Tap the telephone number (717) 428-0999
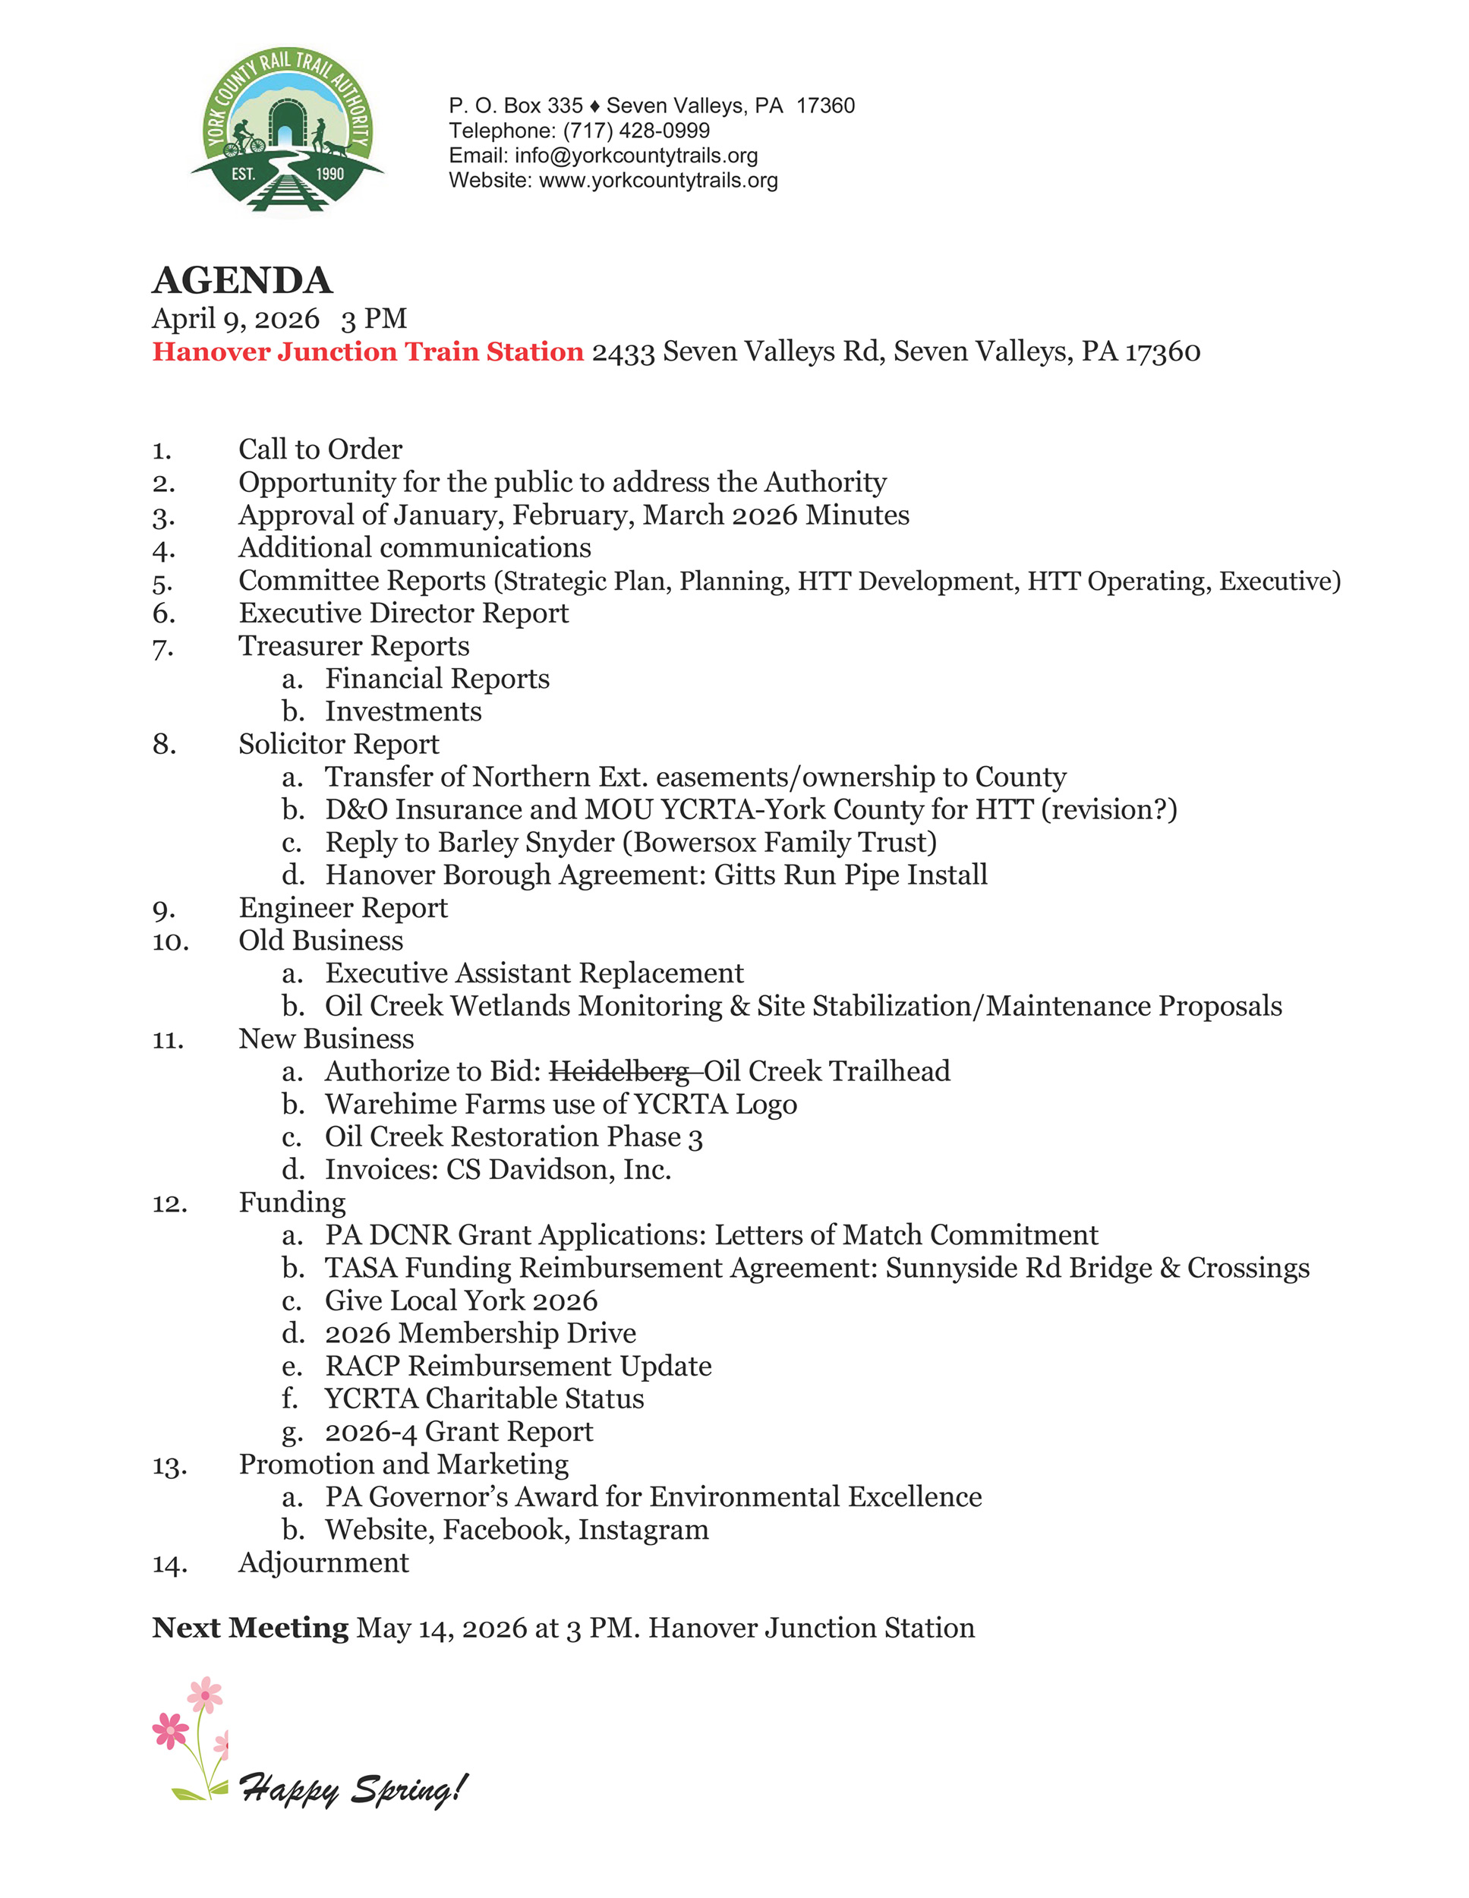[x=636, y=131]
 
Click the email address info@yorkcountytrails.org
[x=636, y=156]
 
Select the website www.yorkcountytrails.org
[x=658, y=181]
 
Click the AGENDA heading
[x=242, y=281]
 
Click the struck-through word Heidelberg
[x=619, y=1071]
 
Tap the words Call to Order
[x=320, y=449]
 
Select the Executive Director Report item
[x=403, y=613]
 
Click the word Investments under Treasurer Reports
[x=403, y=712]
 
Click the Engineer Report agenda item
[x=343, y=908]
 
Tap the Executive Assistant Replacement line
[x=534, y=973]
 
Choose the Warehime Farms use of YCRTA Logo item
[x=561, y=1105]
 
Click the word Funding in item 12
[x=292, y=1203]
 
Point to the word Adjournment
[x=323, y=1563]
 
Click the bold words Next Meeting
[x=251, y=1628]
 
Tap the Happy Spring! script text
[x=353, y=1790]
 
